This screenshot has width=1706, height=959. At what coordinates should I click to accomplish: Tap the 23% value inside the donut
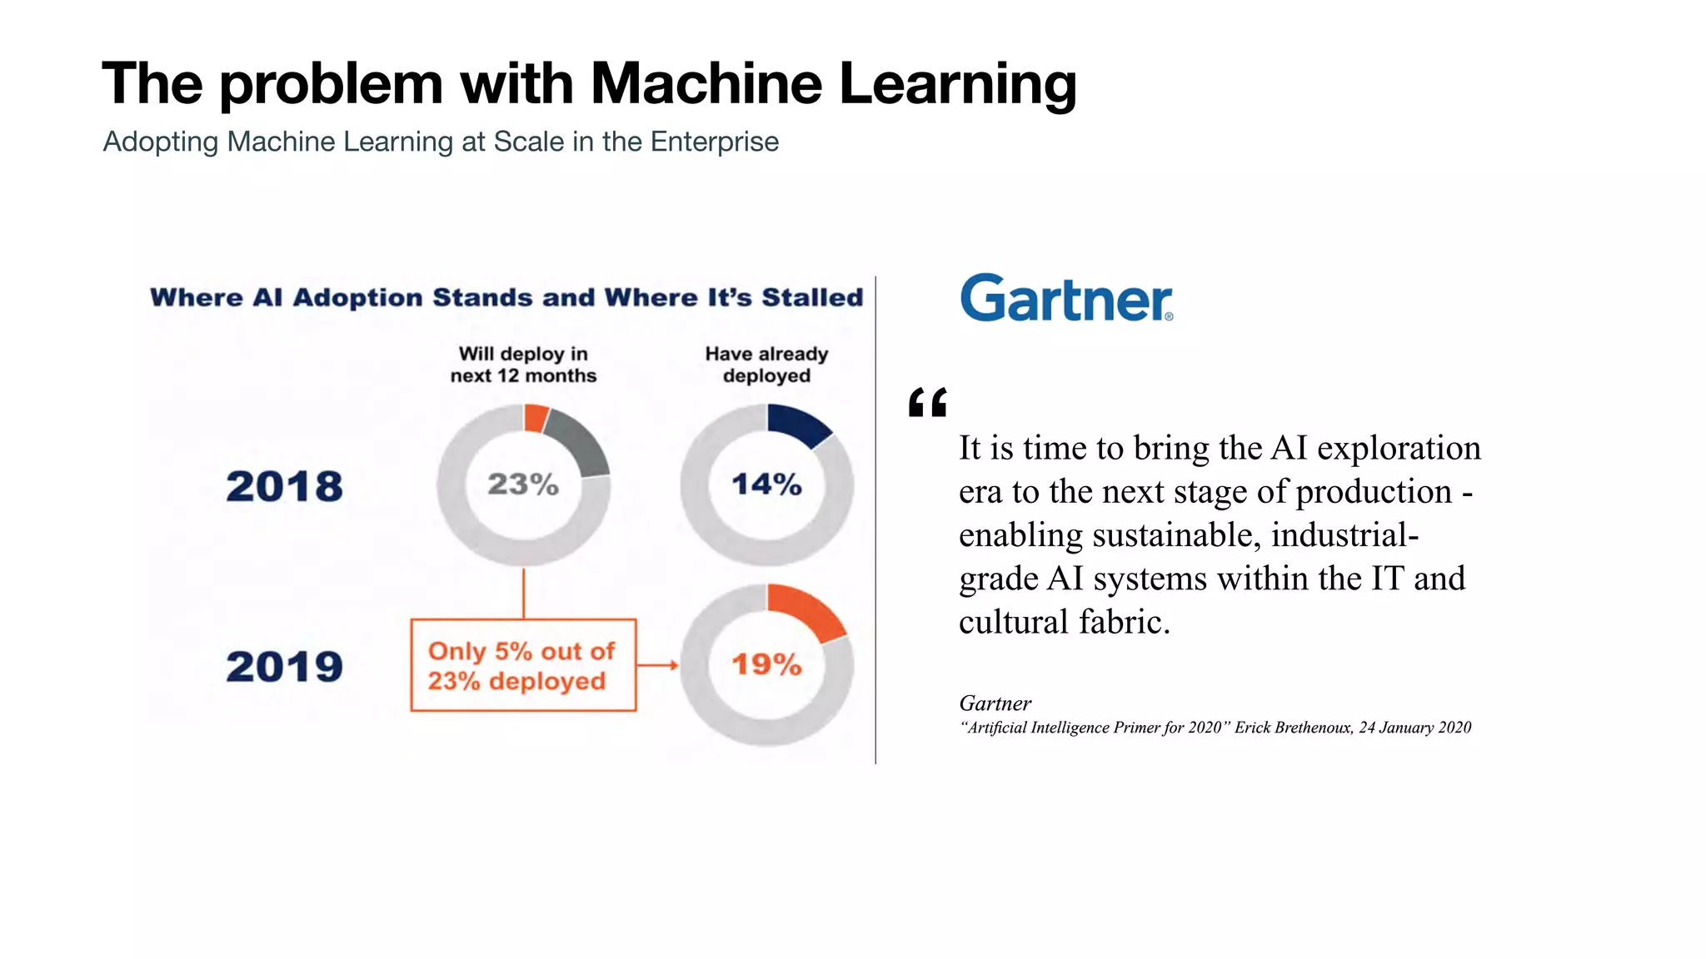coord(523,484)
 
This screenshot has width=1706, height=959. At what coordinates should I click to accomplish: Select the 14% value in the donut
coord(766,484)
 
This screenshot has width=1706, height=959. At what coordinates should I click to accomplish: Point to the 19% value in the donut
coord(766,664)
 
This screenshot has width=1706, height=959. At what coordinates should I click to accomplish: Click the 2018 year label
coord(284,486)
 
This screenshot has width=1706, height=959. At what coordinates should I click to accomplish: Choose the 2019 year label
coord(284,667)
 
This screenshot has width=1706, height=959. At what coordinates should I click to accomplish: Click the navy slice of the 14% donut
coord(796,423)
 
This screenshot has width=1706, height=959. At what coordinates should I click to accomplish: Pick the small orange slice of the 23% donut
coord(535,417)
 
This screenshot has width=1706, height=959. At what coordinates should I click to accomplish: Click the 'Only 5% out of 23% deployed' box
coord(523,665)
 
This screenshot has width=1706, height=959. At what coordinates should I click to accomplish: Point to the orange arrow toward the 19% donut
coord(658,665)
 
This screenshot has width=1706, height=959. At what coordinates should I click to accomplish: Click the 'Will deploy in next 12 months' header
coord(523,365)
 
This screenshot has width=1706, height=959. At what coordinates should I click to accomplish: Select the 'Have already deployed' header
coord(766,365)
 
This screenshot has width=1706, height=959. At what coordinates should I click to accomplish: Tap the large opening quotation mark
coord(927,403)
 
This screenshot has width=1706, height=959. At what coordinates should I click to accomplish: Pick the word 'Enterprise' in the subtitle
coord(714,142)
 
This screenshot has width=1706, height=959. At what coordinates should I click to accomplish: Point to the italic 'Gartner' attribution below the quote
coord(995,703)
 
